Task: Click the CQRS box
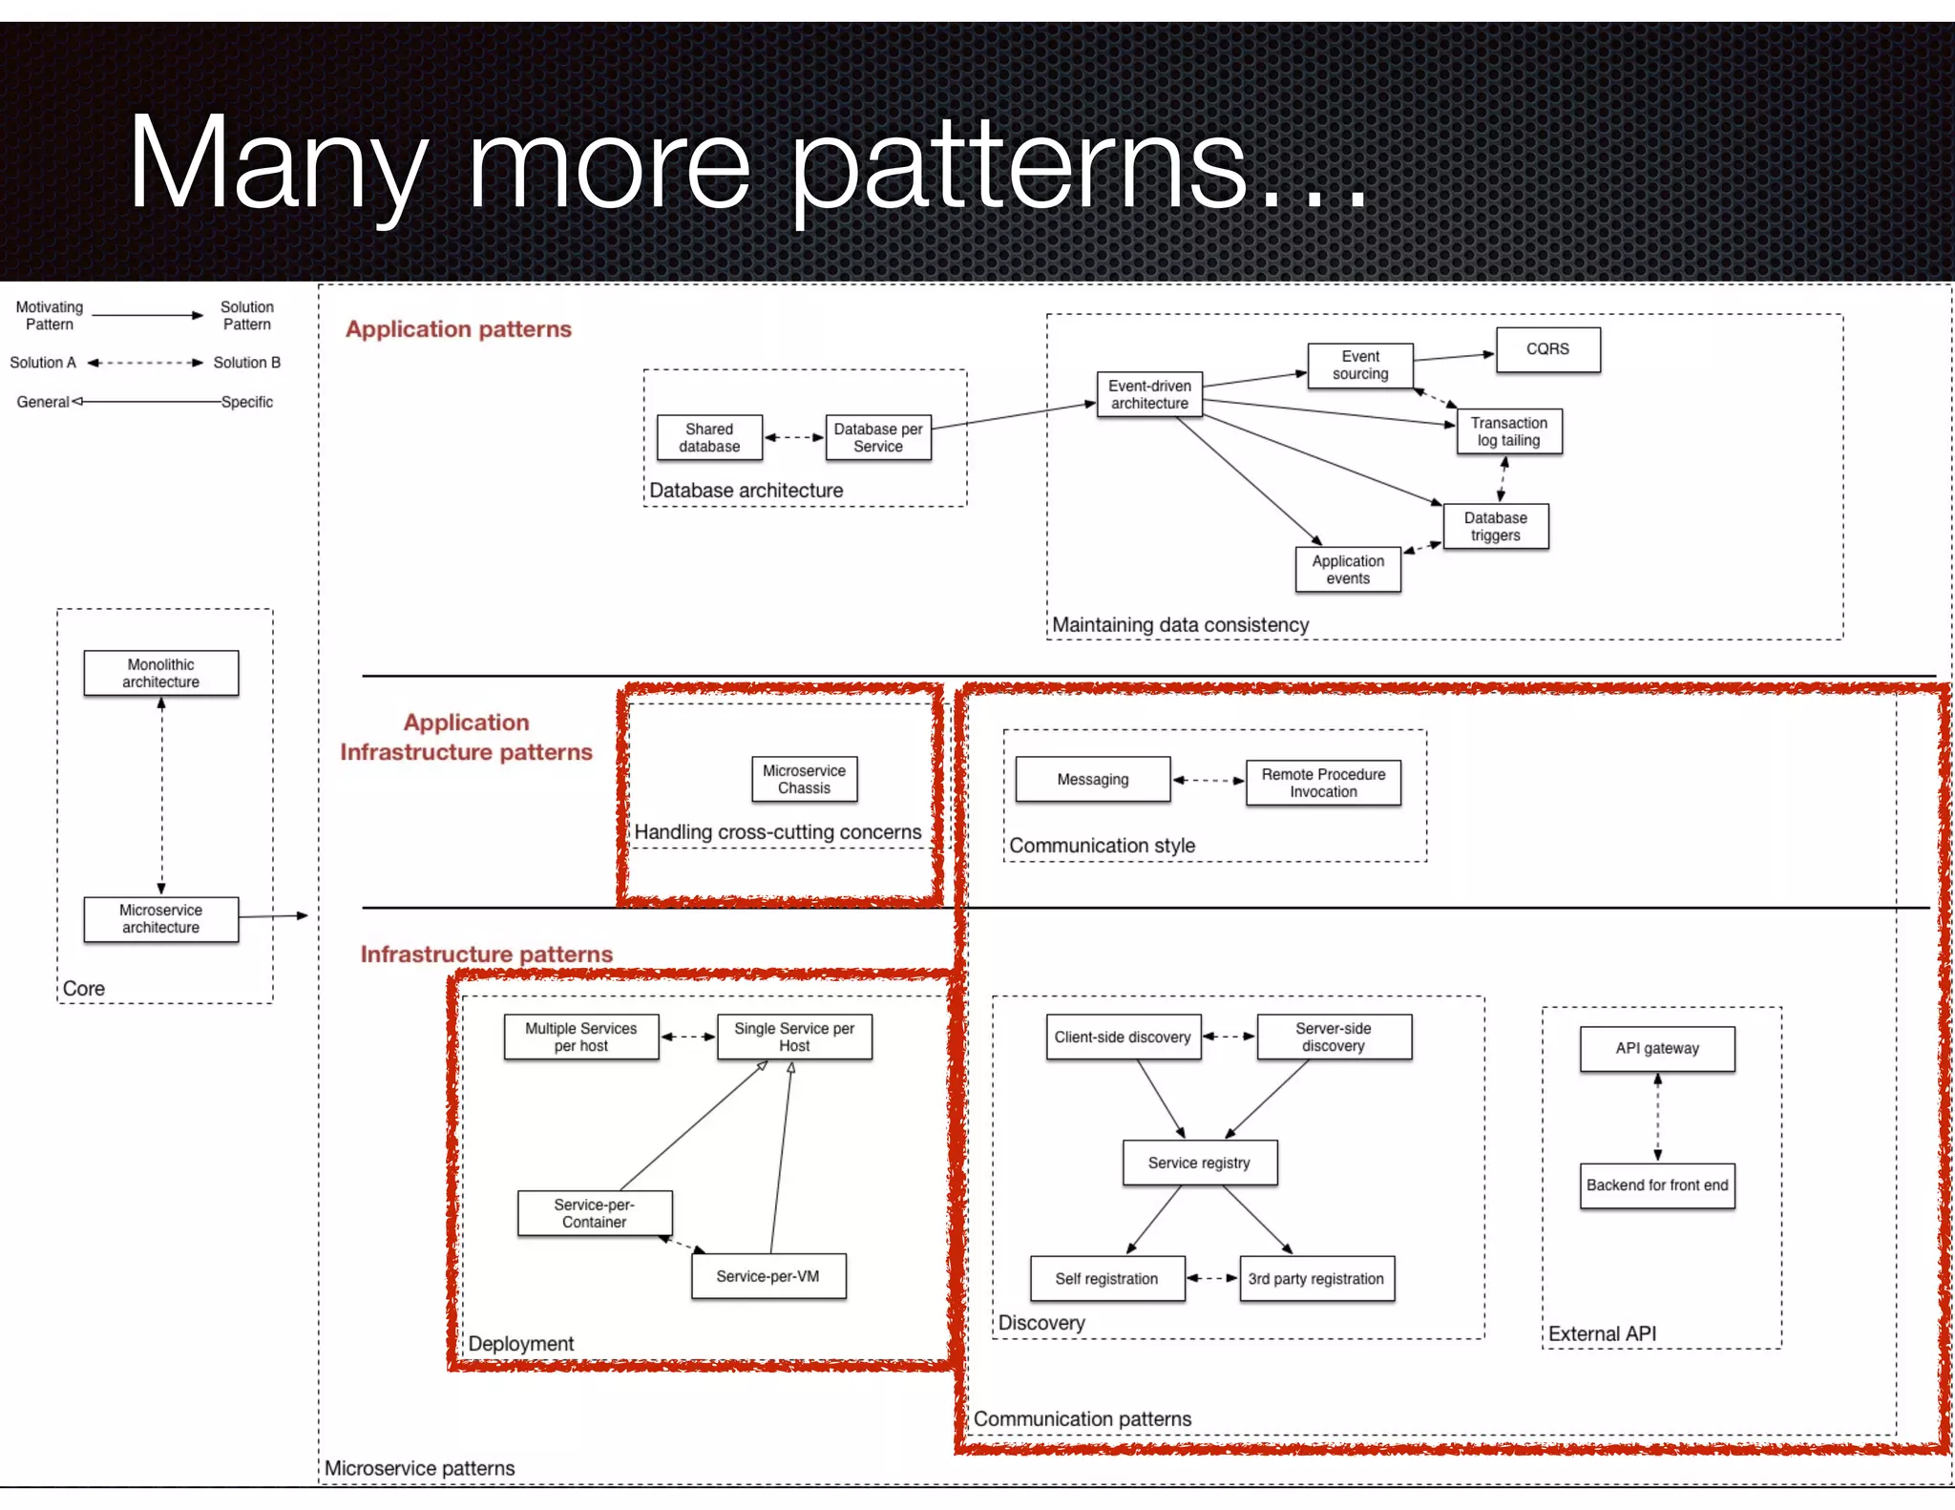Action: (x=1547, y=349)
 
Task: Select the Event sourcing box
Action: (x=1360, y=366)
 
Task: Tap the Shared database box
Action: (x=709, y=437)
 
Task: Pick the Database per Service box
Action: (x=878, y=437)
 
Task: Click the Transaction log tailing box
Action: (x=1508, y=431)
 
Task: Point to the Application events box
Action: (x=1348, y=570)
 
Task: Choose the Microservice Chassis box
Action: (x=804, y=779)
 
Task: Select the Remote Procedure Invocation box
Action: (x=1323, y=783)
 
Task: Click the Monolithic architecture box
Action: (x=160, y=673)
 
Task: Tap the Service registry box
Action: (x=1199, y=1163)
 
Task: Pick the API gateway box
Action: (x=1657, y=1048)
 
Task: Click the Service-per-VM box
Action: (x=767, y=1276)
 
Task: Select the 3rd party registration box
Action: (x=1315, y=1279)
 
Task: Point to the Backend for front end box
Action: (x=1657, y=1185)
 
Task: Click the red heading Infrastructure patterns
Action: (x=487, y=954)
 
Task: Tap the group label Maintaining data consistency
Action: (x=1180, y=625)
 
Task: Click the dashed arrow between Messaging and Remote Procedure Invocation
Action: (x=1208, y=780)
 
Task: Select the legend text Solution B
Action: (x=246, y=363)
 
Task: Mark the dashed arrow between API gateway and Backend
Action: (x=1657, y=1117)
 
